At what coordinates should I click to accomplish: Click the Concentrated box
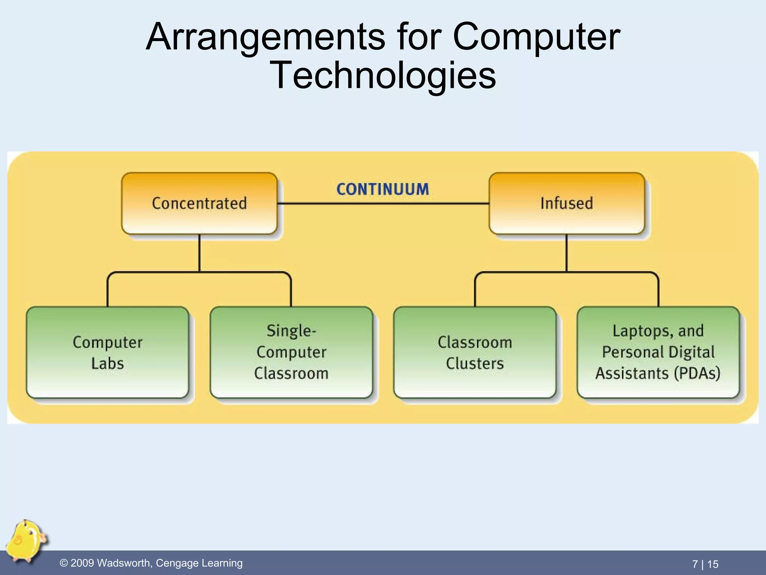click(199, 203)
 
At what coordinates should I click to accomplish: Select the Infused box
click(567, 203)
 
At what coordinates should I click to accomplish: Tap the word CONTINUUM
click(383, 189)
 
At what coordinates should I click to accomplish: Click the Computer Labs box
click(107, 352)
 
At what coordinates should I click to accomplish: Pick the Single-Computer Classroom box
click(291, 352)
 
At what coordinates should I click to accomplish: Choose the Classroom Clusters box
click(475, 352)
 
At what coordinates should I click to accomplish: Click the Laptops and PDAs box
click(658, 352)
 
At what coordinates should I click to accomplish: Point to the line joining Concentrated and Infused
click(383, 204)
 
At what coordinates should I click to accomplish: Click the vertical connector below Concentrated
click(199, 253)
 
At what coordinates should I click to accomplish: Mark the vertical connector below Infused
click(567, 253)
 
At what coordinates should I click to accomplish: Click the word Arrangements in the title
click(266, 37)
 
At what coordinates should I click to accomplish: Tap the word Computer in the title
click(537, 37)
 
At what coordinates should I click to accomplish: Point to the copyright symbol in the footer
click(64, 563)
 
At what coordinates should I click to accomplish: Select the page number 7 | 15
click(705, 564)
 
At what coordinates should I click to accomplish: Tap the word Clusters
click(475, 363)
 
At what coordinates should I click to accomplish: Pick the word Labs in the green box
click(107, 363)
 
